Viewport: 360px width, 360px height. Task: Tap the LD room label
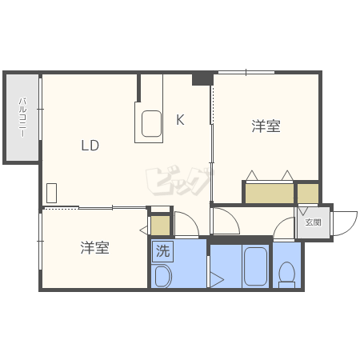90,146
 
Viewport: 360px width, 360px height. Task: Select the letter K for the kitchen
181,120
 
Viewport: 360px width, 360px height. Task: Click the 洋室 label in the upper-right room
266,126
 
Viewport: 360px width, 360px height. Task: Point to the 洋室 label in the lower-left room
94,247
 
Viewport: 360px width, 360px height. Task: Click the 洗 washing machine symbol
162,250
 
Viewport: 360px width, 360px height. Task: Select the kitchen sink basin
152,124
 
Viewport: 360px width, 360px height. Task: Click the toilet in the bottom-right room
286,274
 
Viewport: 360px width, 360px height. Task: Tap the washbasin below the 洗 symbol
162,277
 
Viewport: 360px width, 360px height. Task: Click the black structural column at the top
202,78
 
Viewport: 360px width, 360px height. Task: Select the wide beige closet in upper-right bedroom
270,193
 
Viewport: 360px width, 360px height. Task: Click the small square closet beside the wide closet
307,193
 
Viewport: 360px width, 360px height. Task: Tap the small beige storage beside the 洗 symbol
161,225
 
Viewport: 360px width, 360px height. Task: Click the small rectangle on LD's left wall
52,193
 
